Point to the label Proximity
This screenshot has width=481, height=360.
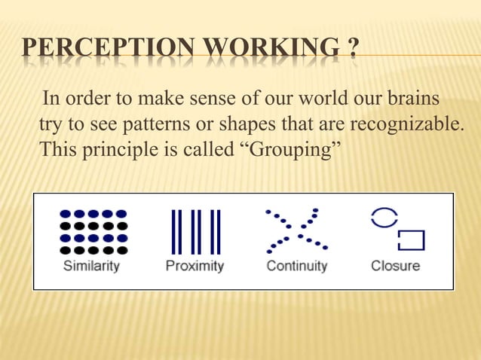195,266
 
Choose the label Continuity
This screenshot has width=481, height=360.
296,266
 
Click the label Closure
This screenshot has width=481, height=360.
395,266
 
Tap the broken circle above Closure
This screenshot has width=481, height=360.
383,218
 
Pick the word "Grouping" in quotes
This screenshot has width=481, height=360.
290,146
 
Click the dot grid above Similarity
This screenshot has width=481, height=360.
93,231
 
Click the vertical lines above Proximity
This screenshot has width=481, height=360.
195,231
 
